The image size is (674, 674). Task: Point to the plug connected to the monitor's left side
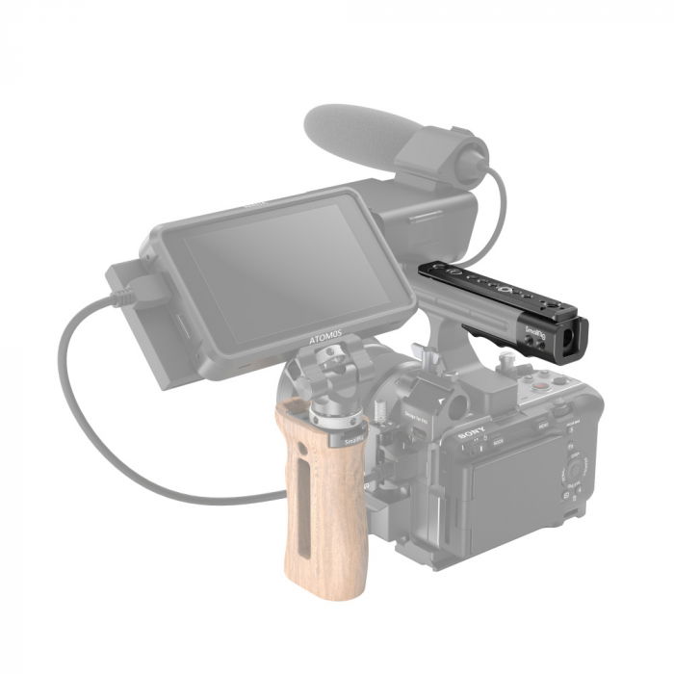(128, 288)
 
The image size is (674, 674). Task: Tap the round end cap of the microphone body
(474, 164)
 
